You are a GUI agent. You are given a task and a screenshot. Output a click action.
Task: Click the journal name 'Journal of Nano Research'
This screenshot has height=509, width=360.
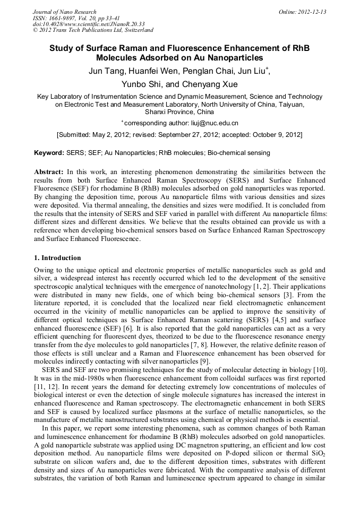click(65, 12)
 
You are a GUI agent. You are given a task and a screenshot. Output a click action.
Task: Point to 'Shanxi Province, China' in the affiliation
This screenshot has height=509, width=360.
click(179, 112)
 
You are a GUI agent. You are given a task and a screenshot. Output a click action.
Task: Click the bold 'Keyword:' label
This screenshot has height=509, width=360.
click(49, 153)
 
